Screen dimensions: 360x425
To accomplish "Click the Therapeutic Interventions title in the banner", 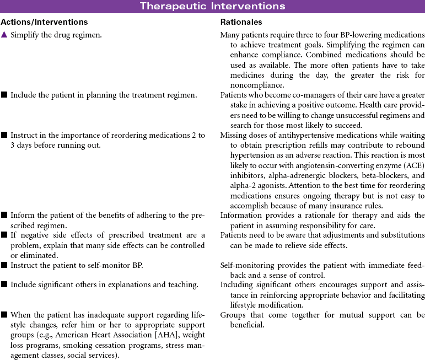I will tap(212, 6).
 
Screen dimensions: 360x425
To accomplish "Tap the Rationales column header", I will tap(241, 23).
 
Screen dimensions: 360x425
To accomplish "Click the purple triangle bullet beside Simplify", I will tap(4, 35).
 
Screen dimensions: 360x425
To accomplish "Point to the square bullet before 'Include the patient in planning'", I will tap(4, 95).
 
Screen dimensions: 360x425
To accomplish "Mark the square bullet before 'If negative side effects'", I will tap(4, 236).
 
